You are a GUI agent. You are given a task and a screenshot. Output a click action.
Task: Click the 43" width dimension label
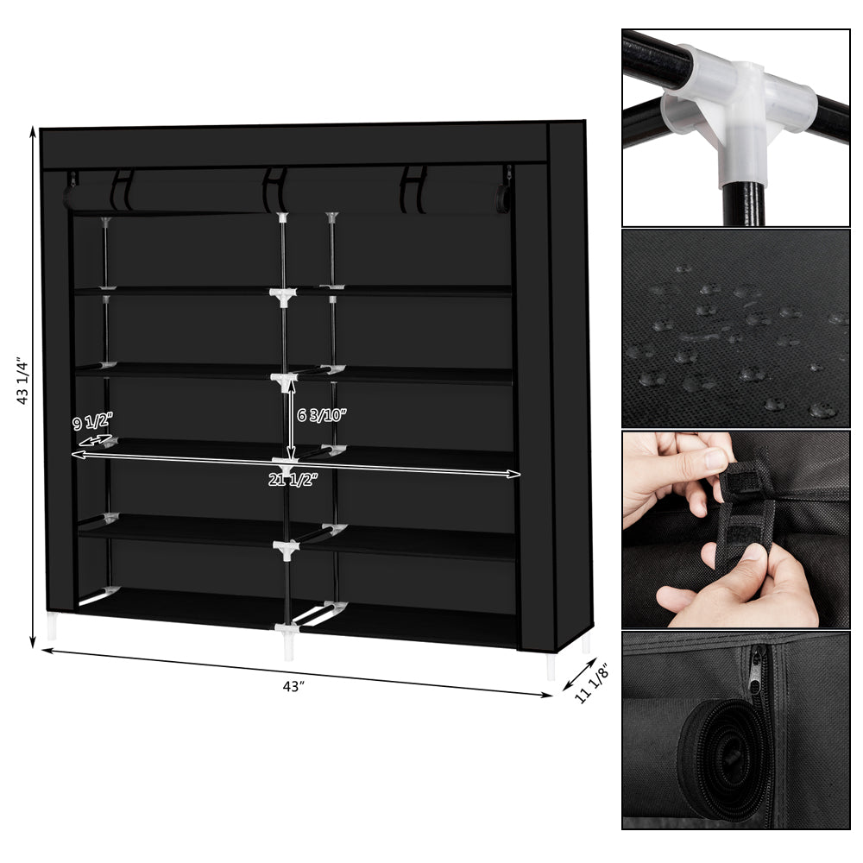click(x=293, y=686)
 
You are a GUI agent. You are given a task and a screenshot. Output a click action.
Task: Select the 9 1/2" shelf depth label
click(x=92, y=423)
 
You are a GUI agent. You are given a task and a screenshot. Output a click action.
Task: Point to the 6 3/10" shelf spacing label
click(x=321, y=415)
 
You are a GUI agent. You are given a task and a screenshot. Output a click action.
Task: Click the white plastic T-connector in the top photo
click(x=734, y=108)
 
